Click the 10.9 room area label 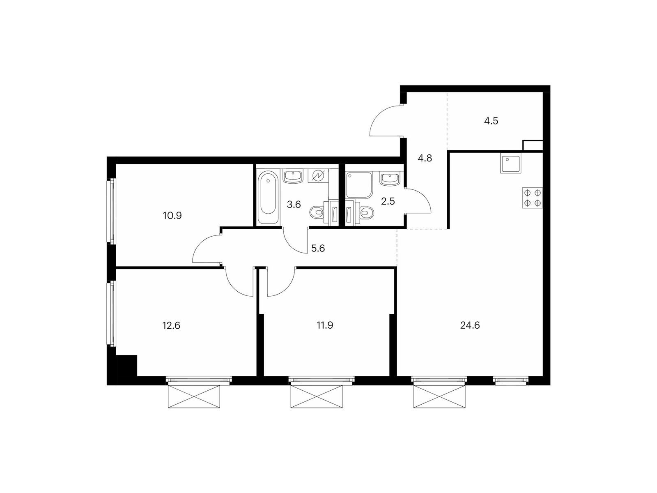pyautogui.click(x=172, y=216)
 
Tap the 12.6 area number pyautogui.click(x=172, y=325)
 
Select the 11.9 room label pyautogui.click(x=325, y=325)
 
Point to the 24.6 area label pyautogui.click(x=470, y=325)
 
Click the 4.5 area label pyautogui.click(x=491, y=121)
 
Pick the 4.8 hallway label pyautogui.click(x=425, y=158)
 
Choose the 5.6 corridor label pyautogui.click(x=318, y=248)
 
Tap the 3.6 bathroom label pyautogui.click(x=294, y=205)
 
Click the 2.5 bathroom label pyautogui.click(x=388, y=201)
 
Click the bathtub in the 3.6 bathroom pyautogui.click(x=268, y=197)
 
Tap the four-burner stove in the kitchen pyautogui.click(x=533, y=198)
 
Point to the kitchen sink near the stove pyautogui.click(x=511, y=163)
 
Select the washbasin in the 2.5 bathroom pyautogui.click(x=389, y=179)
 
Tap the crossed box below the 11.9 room pyautogui.click(x=316, y=396)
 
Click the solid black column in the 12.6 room pyautogui.click(x=126, y=365)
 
